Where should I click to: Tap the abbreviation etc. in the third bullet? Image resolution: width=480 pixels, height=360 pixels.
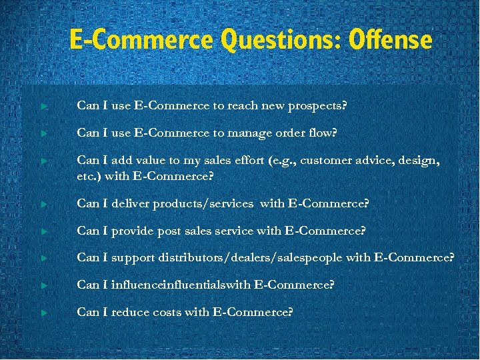(88, 176)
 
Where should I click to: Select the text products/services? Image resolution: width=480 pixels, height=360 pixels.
(203, 204)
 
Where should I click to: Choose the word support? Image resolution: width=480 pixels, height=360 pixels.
(134, 258)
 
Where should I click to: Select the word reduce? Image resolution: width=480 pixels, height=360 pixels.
(131, 311)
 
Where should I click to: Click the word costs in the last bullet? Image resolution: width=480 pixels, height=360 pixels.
(168, 311)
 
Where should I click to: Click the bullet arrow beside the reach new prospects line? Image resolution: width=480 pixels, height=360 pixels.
(43, 106)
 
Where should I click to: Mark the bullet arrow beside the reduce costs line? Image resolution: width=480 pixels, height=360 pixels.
(43, 312)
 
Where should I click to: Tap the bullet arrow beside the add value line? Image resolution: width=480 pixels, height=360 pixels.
(43, 161)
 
